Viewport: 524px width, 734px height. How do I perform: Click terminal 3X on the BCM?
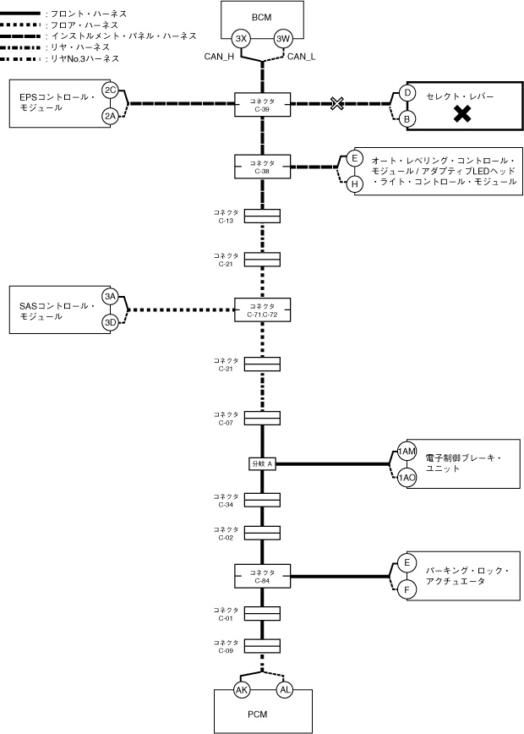241,39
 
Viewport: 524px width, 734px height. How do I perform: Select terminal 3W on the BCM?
283,39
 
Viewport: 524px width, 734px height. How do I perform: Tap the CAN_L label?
301,57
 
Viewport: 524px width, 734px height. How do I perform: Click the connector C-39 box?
262,104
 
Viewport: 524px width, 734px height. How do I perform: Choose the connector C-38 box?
262,165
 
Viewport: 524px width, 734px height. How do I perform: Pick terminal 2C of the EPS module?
110,90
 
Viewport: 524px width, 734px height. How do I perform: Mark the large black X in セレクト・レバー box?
462,114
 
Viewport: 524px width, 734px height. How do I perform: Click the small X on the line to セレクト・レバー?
337,104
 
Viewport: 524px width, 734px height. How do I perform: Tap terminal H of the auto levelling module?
355,183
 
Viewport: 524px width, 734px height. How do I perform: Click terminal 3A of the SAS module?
110,296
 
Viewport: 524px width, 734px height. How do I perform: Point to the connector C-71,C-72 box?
262,309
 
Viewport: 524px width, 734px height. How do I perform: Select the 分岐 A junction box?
262,463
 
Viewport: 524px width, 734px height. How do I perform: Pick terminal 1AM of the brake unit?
407,452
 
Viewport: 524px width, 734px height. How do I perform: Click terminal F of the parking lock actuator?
407,589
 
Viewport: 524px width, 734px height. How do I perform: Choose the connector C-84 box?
262,577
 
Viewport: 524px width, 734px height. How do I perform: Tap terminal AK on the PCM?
241,691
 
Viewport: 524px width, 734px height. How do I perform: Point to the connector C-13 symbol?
262,216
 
